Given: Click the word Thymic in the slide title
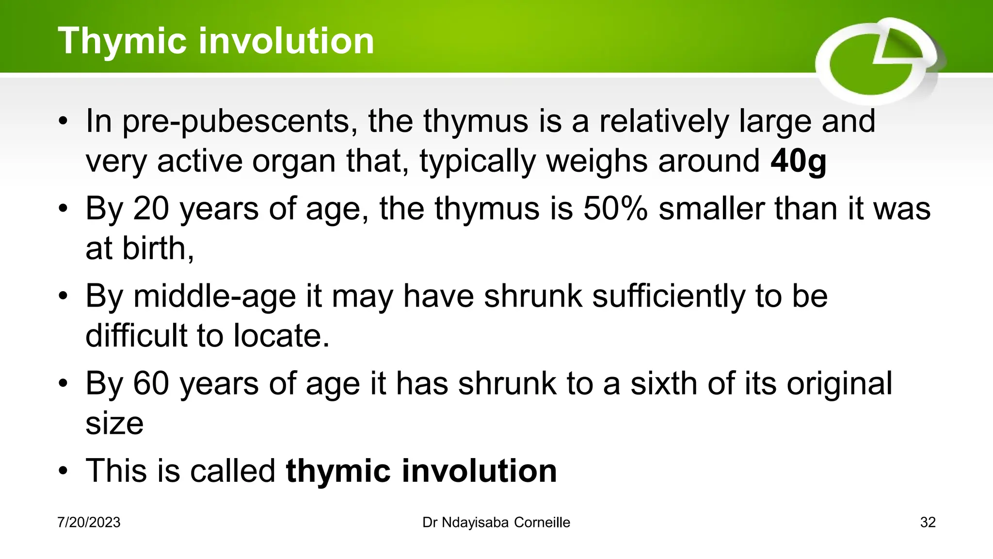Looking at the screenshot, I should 122,41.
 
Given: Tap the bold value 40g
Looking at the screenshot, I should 798,161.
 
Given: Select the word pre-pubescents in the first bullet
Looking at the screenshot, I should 236,121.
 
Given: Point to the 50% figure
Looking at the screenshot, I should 615,209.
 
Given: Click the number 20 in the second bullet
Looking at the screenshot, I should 151,209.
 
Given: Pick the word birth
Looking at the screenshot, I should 158,248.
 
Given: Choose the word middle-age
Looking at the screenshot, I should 214,296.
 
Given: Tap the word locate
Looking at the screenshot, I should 281,336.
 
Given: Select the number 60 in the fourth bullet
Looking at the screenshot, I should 151,383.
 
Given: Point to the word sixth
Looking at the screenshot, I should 663,383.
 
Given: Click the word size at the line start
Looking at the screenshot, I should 114,423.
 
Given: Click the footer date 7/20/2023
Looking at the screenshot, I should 89,523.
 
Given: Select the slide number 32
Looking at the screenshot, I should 928,523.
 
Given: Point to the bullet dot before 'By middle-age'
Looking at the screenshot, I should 63,296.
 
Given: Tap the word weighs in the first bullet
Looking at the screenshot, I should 597,161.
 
